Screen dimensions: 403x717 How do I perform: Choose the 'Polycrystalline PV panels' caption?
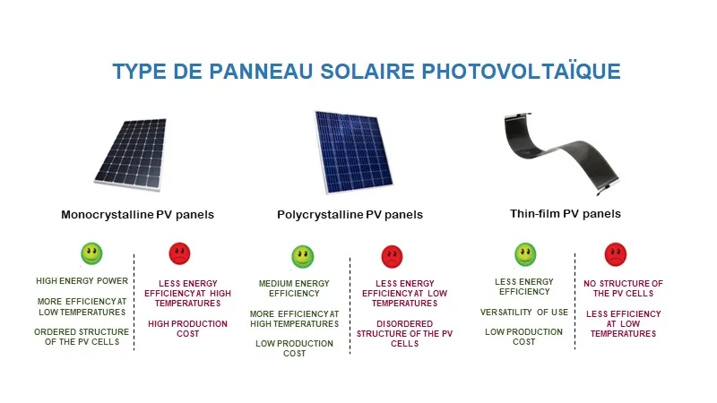[x=350, y=215]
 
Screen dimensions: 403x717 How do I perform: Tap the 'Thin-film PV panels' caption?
[x=565, y=214]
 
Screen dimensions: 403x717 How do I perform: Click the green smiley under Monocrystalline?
[x=91, y=253]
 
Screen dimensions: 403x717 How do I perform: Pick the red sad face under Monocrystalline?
[x=180, y=253]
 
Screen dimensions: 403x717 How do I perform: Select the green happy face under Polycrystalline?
[x=303, y=257]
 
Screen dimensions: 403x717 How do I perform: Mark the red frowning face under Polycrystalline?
[x=393, y=257]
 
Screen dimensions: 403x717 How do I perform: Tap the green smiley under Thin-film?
[x=525, y=254]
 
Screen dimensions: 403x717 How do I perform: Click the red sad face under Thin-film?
[x=616, y=254]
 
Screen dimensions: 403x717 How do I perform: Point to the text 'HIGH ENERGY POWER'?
[x=82, y=281]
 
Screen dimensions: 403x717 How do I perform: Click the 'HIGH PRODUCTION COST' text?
[x=187, y=329]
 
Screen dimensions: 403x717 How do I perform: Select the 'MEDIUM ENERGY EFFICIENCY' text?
[x=294, y=288]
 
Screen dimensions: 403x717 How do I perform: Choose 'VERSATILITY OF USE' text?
[x=524, y=312]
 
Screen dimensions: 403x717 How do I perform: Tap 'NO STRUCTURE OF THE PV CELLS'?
[x=623, y=288]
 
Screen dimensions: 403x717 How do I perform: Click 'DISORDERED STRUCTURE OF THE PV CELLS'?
[x=393, y=334]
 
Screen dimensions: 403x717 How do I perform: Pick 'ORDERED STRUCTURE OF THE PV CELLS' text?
[x=82, y=338]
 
